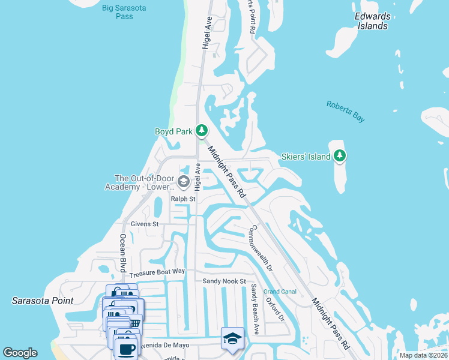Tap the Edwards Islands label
(372, 21)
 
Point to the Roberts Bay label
(345, 112)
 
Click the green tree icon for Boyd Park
(202, 130)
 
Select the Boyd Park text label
(173, 131)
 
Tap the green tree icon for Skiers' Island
(340, 156)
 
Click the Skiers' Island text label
(306, 157)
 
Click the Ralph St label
(183, 199)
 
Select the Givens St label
(144, 224)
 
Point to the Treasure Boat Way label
(157, 272)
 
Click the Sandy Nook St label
(224, 281)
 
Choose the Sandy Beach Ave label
(255, 308)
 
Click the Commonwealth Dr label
(261, 248)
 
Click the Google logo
(20, 352)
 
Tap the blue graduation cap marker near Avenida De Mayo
(232, 338)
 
